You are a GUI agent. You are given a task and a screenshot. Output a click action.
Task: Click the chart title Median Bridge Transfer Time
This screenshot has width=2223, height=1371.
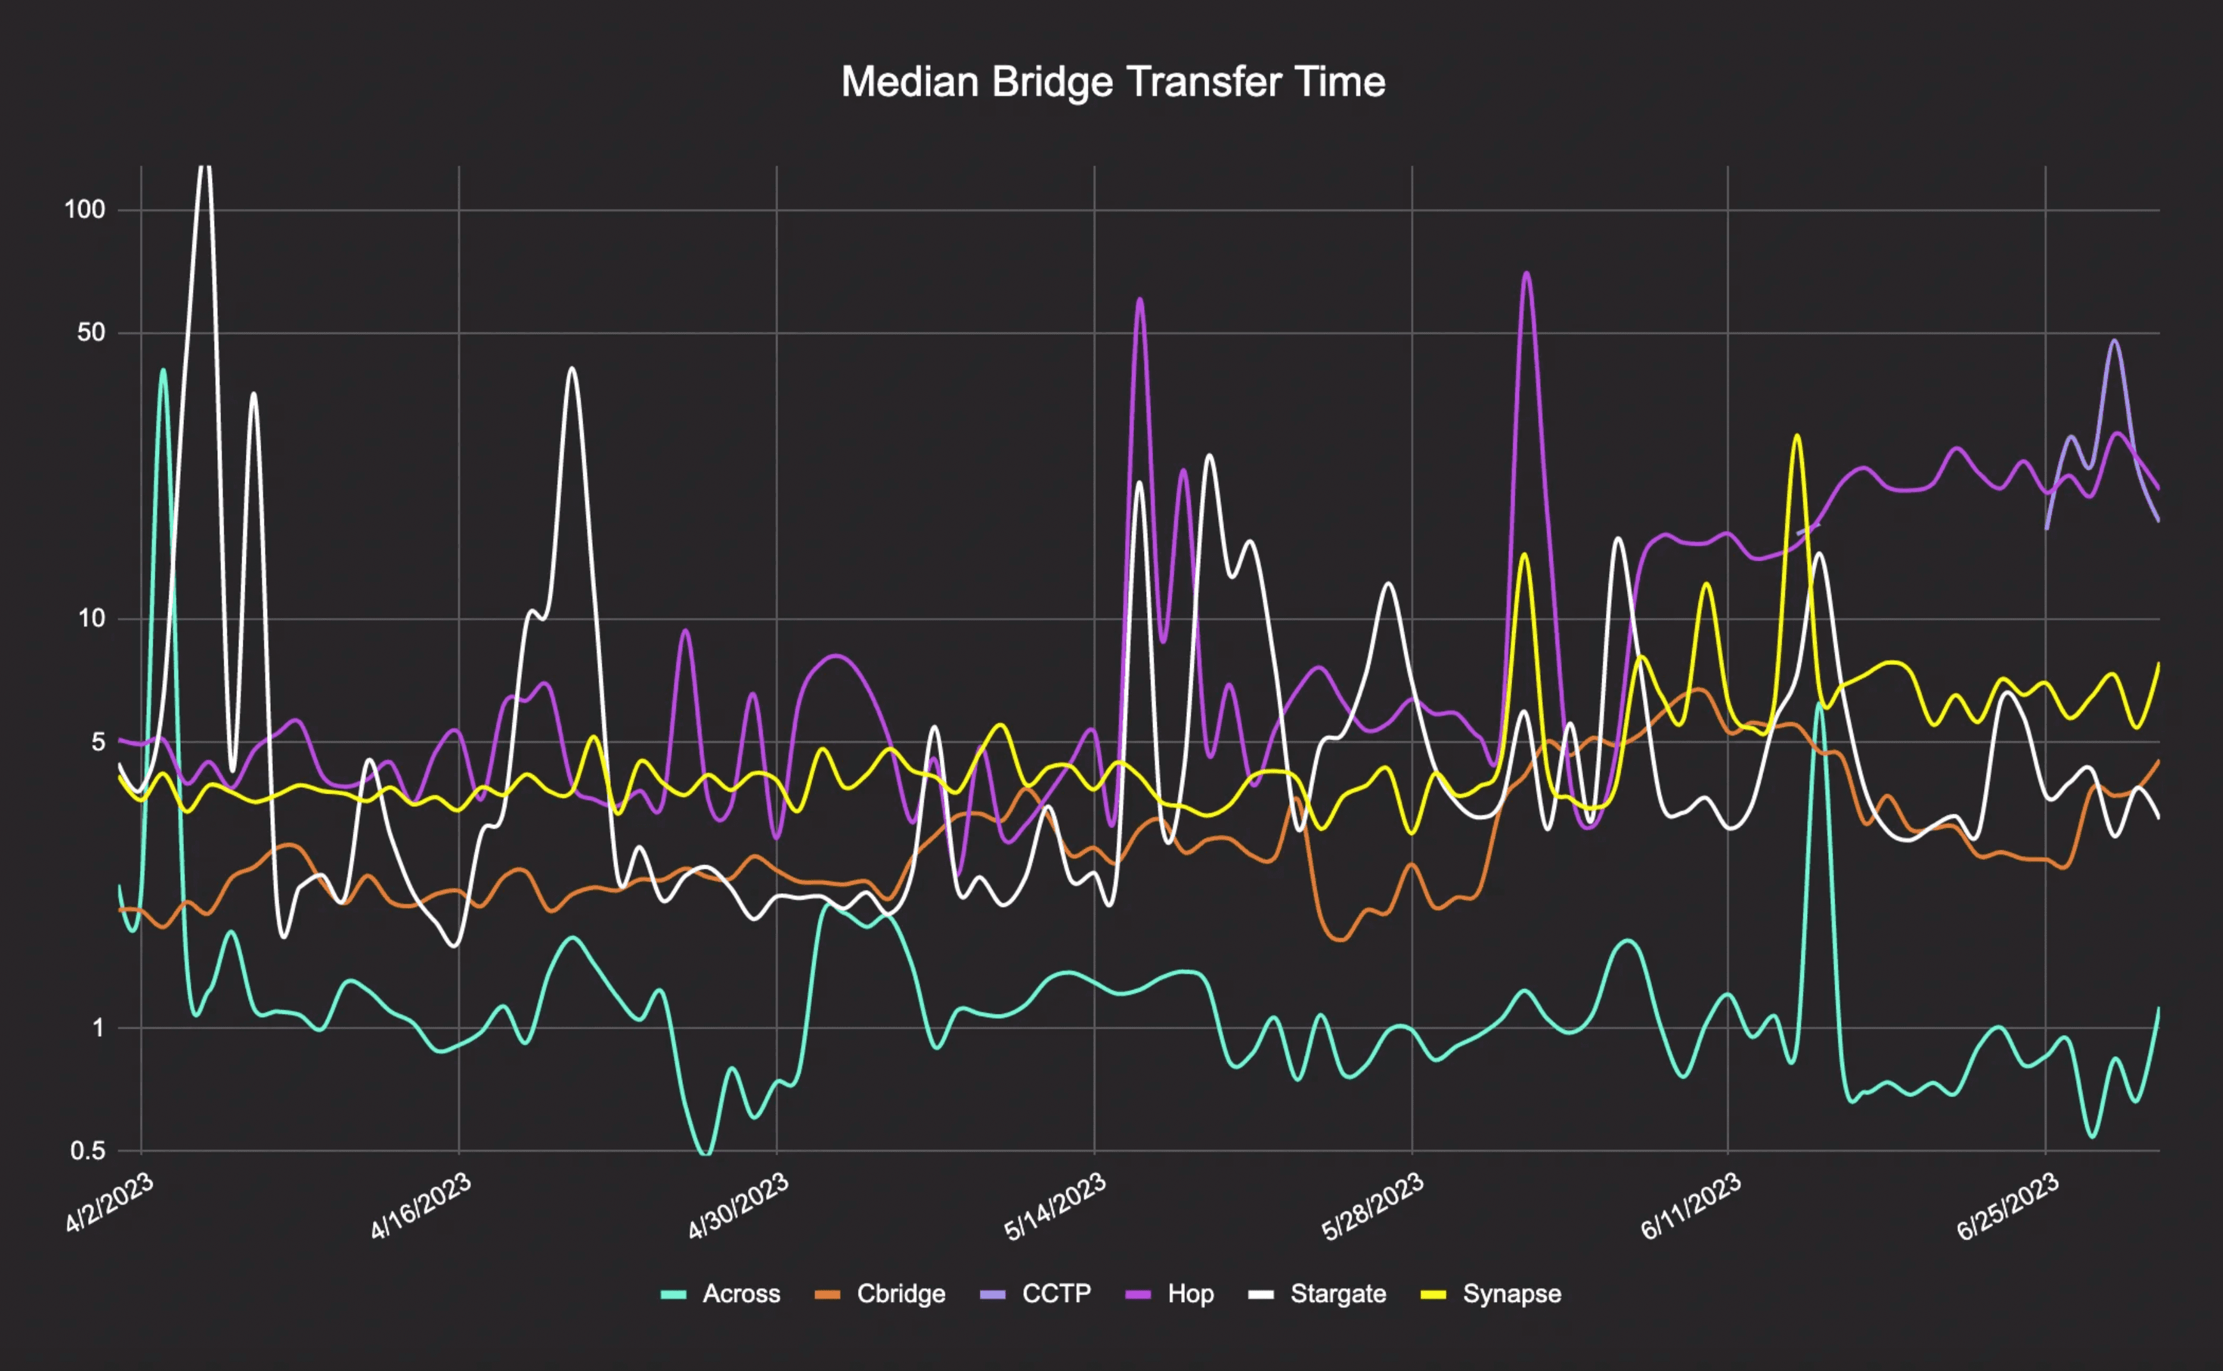[x=1112, y=82]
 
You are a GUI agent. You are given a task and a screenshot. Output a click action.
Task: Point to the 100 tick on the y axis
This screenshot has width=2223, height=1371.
[x=84, y=210]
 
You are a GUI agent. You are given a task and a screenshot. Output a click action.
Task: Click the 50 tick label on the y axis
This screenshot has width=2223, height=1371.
[x=91, y=333]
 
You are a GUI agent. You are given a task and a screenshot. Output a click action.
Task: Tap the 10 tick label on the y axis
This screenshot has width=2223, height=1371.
[x=91, y=618]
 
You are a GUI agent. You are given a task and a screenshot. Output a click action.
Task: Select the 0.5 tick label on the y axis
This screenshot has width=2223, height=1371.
[x=88, y=1151]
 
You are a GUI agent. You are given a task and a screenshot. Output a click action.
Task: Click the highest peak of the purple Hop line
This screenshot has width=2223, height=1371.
[x=1527, y=273]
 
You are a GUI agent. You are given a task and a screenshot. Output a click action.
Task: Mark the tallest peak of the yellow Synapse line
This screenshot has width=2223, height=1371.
[x=1796, y=436]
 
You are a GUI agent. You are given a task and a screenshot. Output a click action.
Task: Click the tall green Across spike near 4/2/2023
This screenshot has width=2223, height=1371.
[x=163, y=370]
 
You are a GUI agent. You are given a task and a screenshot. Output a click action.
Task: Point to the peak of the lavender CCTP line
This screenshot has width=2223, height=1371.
[x=2114, y=341]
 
